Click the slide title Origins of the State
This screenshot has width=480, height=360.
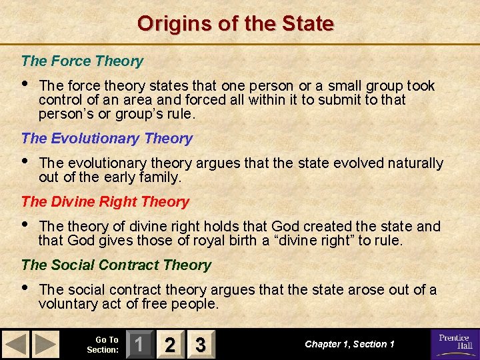click(235, 24)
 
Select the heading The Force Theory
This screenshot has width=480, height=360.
click(82, 61)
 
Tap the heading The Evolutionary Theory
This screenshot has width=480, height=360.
click(107, 139)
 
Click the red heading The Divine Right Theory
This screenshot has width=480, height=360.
click(105, 202)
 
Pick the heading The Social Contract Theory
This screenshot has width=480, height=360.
click(116, 265)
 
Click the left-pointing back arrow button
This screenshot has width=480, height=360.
click(16, 345)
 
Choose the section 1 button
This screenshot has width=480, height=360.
click(138, 345)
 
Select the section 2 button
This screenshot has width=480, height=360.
click(170, 345)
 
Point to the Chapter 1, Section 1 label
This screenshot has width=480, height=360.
click(349, 345)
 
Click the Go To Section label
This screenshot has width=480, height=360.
click(103, 345)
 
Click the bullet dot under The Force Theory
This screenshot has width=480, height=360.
click(25, 85)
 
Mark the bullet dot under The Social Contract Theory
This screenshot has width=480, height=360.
click(25, 289)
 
